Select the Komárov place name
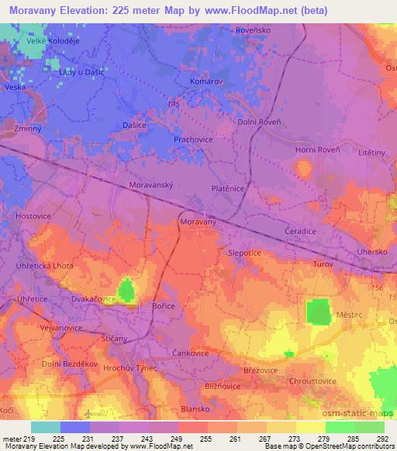pos(206,81)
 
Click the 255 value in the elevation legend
pos(205,438)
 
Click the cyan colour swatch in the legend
pos(46,427)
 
